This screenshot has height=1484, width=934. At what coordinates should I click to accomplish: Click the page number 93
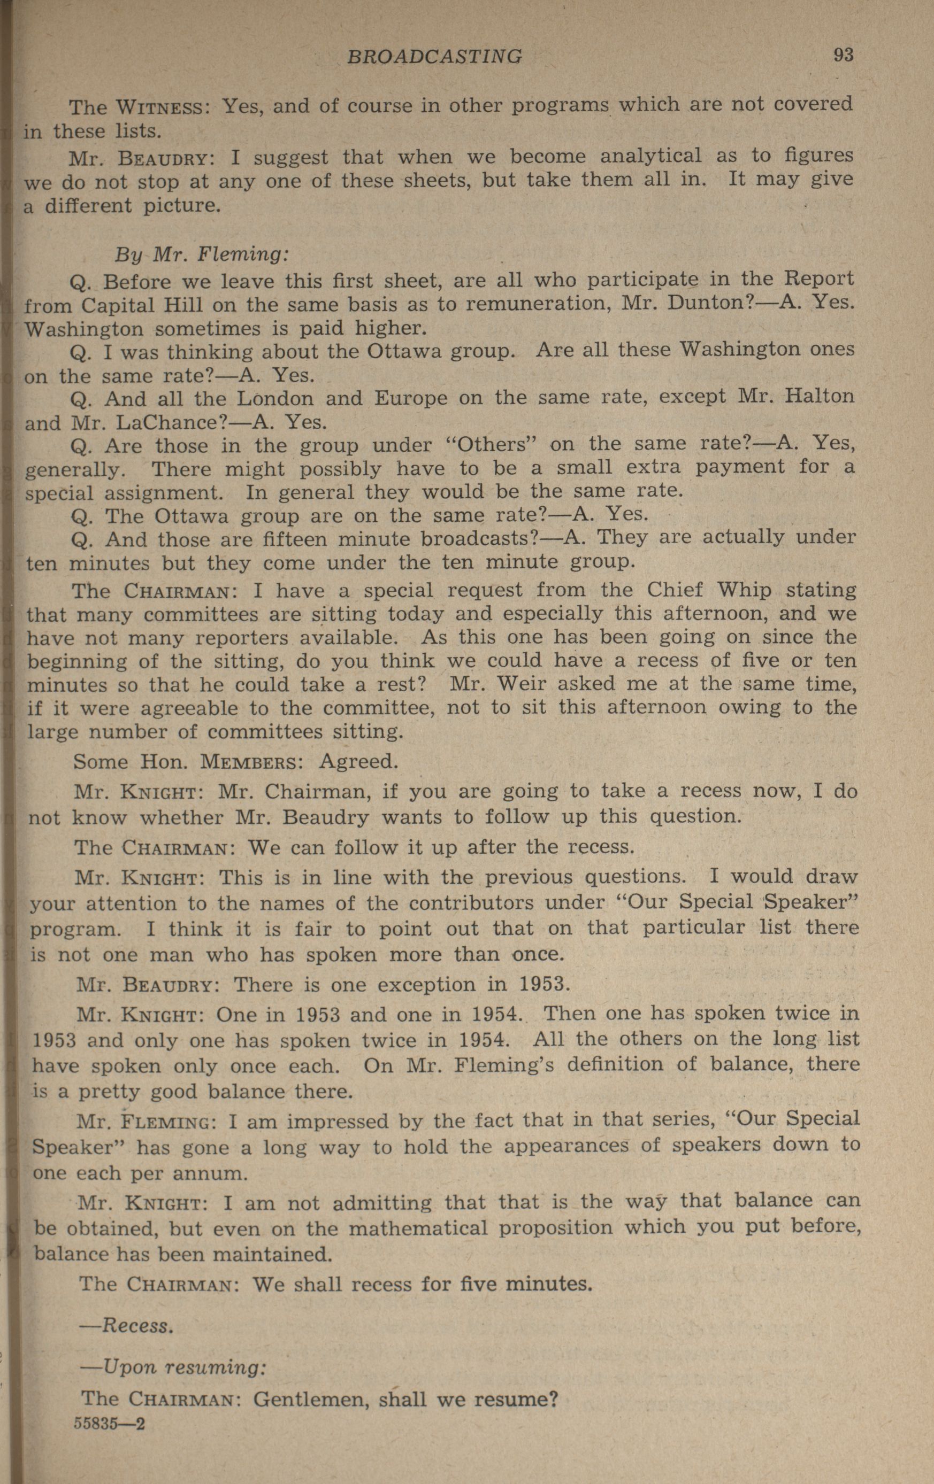point(844,56)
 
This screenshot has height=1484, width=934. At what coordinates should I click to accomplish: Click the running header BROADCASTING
point(434,57)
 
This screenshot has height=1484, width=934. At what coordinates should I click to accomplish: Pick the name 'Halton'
point(820,396)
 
